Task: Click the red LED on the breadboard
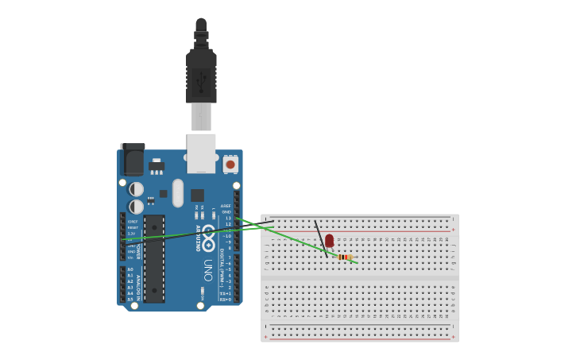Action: pyautogui.click(x=329, y=240)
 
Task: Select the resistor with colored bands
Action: pyautogui.click(x=344, y=257)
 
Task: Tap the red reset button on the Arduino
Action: pyautogui.click(x=230, y=165)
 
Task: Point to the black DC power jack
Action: pyautogui.click(x=132, y=160)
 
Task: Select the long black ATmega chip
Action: pyautogui.click(x=154, y=257)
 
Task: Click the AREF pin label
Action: pyautogui.click(x=226, y=206)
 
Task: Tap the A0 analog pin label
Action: pyautogui.click(x=130, y=269)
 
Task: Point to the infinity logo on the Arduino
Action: pyautogui.click(x=208, y=236)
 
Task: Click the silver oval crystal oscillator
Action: pyautogui.click(x=178, y=192)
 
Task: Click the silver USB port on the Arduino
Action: pyautogui.click(x=201, y=153)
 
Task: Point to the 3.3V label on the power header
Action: pyautogui.click(x=131, y=234)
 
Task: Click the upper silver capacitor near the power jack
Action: pyautogui.click(x=137, y=189)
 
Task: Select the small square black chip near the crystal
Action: pyautogui.click(x=197, y=195)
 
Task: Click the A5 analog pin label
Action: pyautogui.click(x=130, y=300)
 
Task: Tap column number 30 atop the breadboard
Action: pyautogui.click(x=447, y=238)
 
